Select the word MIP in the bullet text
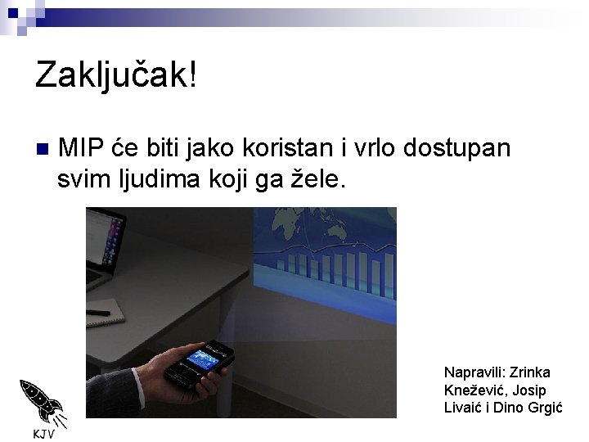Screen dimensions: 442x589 [x=81, y=148]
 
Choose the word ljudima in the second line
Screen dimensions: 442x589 [x=146, y=179]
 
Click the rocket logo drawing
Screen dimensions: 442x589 [x=41, y=402]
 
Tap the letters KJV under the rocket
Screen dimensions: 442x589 [x=43, y=433]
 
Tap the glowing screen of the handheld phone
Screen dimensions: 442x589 [x=205, y=360]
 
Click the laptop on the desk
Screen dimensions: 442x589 [x=106, y=246]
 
